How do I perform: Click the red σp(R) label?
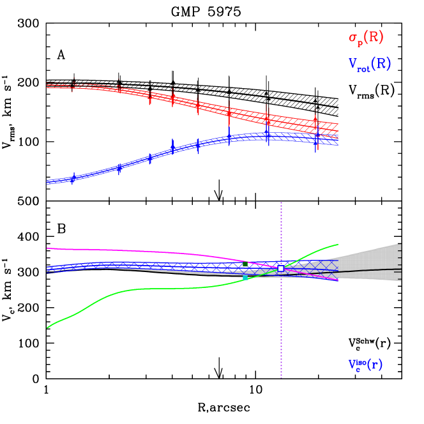pyautogui.click(x=366, y=38)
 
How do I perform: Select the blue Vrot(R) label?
pyautogui.click(x=369, y=64)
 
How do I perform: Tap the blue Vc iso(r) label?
pyautogui.click(x=365, y=365)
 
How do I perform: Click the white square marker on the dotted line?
pyautogui.click(x=280, y=269)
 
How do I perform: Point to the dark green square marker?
pyautogui.click(x=245, y=264)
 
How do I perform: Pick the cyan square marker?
pyautogui.click(x=245, y=278)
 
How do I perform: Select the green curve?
pyautogui.click(x=160, y=289)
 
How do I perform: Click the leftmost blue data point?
pyautogui.click(x=72, y=179)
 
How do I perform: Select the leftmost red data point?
pyautogui.click(x=72, y=86)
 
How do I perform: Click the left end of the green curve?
pyautogui.click(x=48, y=327)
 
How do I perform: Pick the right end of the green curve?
pyautogui.click(x=338, y=245)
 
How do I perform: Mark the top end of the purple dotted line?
pyautogui.click(x=281, y=203)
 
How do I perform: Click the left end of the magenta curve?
pyautogui.click(x=48, y=248)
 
